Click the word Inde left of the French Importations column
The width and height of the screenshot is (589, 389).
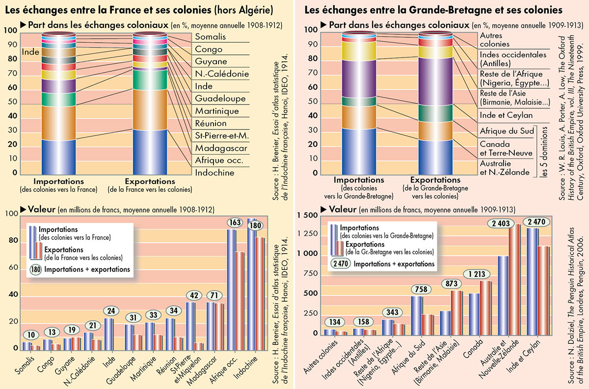point(30,51)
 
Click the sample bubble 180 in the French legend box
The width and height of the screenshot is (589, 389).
point(36,269)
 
